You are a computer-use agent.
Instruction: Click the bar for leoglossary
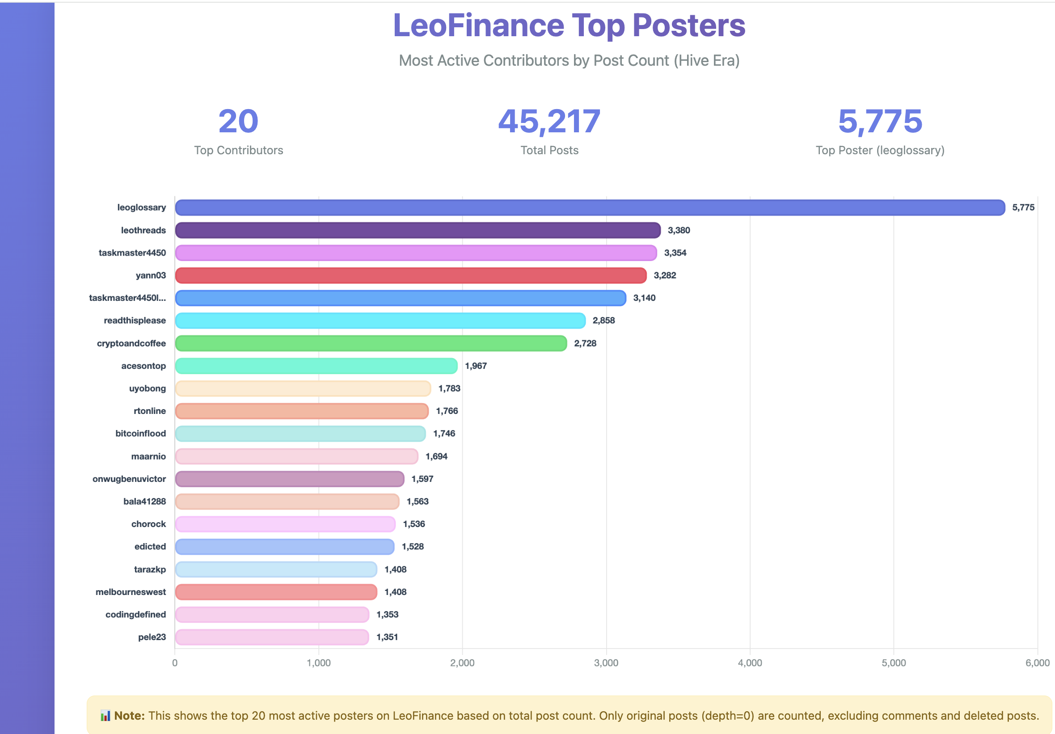click(590, 208)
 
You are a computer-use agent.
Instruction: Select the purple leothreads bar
click(418, 230)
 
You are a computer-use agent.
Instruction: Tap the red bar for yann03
click(410, 275)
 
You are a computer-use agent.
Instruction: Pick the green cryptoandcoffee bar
click(371, 343)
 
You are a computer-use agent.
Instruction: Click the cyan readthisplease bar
click(380, 321)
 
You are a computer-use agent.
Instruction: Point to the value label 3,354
click(675, 253)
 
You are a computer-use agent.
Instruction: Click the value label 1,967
click(476, 366)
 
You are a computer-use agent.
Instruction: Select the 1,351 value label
click(387, 637)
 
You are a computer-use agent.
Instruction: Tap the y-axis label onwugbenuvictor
click(129, 479)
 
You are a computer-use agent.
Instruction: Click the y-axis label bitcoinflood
click(141, 434)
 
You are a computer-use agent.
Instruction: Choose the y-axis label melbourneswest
click(131, 592)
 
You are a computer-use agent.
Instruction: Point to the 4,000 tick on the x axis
click(750, 663)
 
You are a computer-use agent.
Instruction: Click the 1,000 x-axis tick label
click(318, 663)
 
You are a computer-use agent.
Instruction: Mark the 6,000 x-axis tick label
click(1037, 663)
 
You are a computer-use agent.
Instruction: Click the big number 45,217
click(549, 121)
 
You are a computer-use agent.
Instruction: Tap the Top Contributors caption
click(238, 150)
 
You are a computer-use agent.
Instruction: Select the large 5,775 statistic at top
click(880, 121)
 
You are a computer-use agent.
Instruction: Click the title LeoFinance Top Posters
click(569, 25)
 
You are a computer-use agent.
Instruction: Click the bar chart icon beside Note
click(105, 716)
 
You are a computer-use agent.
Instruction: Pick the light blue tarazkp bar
click(276, 569)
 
